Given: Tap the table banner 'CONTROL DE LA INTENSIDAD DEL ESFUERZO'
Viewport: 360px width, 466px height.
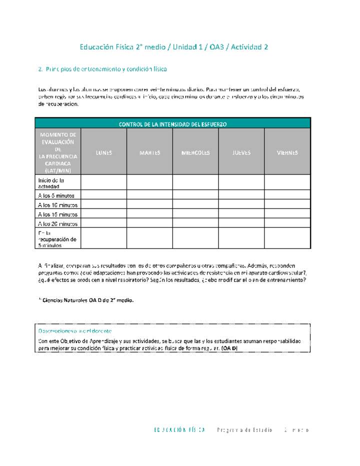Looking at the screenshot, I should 172,124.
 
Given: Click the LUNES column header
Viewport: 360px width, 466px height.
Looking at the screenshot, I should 103,152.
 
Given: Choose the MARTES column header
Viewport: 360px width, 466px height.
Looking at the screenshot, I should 149,152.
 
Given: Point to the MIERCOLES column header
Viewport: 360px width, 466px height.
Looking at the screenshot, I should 195,152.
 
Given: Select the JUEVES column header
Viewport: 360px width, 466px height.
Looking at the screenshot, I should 241,152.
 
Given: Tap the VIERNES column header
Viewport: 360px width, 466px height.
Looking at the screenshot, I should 287,152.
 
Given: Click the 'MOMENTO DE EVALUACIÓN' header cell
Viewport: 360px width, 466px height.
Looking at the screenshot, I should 57,152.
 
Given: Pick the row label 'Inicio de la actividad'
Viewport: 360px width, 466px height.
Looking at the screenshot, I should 51,183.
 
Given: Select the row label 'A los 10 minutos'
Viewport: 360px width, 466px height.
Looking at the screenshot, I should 57,205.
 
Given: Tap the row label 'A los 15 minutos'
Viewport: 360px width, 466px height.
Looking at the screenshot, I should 57,214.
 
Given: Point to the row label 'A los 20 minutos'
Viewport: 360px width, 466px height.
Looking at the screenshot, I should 57,224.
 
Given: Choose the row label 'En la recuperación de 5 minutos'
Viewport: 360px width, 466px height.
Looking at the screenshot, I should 56,239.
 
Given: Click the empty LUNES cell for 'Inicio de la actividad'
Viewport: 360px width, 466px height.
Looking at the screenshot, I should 103,182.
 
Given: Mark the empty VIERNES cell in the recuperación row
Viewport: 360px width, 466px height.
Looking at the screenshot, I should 287,238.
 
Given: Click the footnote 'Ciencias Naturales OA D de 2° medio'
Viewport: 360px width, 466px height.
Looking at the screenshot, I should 87,300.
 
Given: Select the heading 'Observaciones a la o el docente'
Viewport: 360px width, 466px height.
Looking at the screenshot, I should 75,331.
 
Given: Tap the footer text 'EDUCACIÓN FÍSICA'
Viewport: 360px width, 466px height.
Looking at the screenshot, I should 180,430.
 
